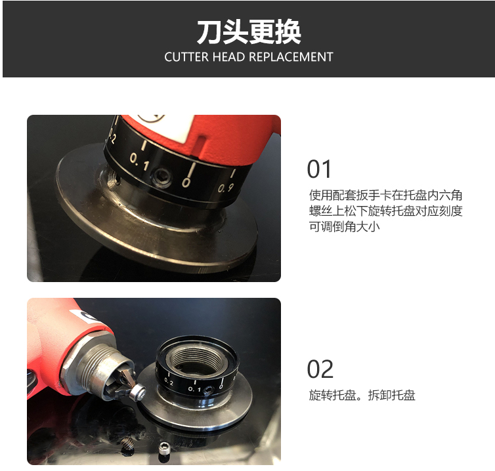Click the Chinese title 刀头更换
point(249,32)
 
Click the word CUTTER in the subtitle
point(186,57)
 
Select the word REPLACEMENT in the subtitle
point(291,57)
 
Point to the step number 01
point(319,169)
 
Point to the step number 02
point(320,369)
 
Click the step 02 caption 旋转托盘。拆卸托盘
point(362,395)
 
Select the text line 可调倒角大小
point(344,226)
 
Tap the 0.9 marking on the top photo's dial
point(225,188)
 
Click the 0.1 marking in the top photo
point(139,161)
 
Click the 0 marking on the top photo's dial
point(186,182)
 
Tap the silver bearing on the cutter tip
point(139,392)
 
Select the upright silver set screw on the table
point(163,448)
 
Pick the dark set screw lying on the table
point(127,443)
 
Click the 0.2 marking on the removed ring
point(169,382)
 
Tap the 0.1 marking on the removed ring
point(194,389)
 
